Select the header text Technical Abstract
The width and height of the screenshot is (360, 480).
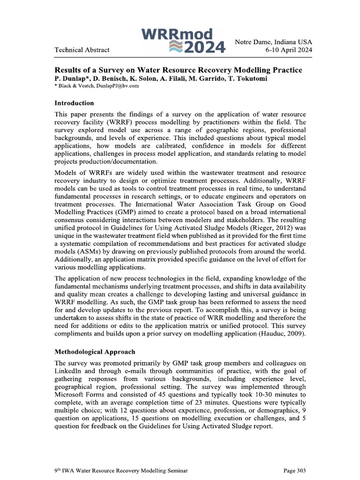tap(82, 50)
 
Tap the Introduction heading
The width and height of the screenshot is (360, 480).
tap(74, 103)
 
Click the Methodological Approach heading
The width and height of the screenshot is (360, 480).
tap(95, 352)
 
